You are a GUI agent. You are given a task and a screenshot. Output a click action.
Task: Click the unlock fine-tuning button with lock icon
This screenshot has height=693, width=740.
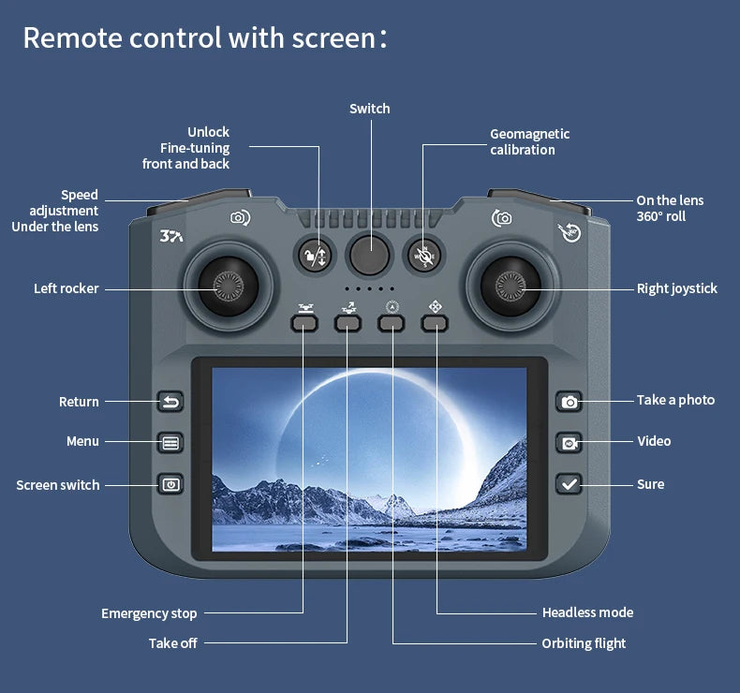point(314,255)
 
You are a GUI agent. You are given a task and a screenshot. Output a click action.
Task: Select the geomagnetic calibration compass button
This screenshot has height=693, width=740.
point(425,255)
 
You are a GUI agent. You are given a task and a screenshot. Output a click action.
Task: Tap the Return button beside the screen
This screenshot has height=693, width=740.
point(170,402)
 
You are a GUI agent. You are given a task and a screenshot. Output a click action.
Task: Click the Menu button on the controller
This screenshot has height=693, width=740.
point(170,443)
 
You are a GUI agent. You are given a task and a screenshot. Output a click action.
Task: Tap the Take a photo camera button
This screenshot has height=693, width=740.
point(569,402)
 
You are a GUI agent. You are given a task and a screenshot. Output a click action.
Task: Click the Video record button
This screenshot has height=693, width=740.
point(569,442)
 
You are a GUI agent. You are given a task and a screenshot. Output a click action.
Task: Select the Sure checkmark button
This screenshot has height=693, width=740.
point(569,483)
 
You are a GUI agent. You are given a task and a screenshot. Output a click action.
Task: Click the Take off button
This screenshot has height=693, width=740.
point(348,323)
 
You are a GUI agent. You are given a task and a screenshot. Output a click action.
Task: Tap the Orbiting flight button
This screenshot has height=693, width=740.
point(392,323)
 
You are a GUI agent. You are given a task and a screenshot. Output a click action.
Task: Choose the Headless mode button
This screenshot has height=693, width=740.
point(435,323)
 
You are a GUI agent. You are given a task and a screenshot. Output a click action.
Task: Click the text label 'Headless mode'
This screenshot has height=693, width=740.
point(587,612)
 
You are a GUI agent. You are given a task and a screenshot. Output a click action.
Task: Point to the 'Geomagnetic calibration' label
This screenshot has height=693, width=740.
point(529,141)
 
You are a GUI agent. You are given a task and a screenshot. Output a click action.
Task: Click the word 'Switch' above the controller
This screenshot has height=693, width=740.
point(369,109)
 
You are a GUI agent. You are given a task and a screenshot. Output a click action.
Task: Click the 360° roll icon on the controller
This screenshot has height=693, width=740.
point(570,232)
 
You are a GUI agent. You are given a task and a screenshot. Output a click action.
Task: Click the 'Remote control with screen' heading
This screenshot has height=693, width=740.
point(204,38)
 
